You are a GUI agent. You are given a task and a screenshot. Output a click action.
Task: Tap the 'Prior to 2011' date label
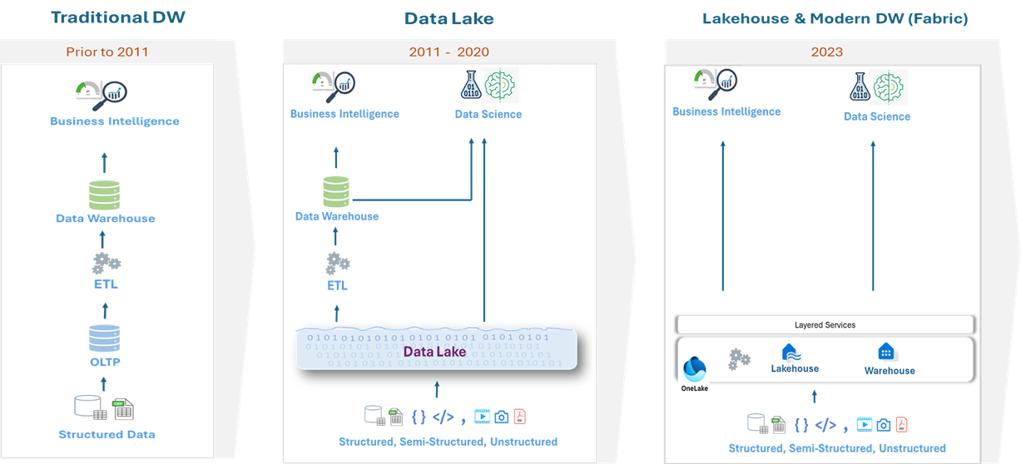click(107, 52)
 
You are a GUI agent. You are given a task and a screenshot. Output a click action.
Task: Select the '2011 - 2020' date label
click(449, 52)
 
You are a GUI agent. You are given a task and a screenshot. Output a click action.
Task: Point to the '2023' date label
click(827, 52)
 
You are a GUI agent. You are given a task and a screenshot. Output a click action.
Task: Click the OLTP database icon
click(105, 338)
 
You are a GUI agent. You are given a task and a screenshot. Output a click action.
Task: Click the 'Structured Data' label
click(107, 434)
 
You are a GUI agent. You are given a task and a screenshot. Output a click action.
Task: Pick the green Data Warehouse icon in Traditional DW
click(105, 195)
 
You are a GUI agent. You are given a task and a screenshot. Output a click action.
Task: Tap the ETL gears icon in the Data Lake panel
click(338, 264)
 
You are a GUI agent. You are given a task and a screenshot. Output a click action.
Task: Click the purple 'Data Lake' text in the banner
click(434, 352)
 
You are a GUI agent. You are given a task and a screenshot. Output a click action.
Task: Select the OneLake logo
click(695, 368)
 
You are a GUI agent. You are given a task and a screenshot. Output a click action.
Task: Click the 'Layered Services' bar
click(825, 324)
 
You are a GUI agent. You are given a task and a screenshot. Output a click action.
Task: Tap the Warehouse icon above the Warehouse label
click(886, 352)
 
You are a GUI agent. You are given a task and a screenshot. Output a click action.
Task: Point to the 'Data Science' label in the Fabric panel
click(877, 116)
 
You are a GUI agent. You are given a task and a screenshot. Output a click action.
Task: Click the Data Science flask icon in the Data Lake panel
click(471, 86)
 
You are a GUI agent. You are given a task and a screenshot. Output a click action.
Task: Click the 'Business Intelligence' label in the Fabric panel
click(726, 111)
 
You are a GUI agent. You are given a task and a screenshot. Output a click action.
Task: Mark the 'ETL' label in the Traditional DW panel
click(106, 284)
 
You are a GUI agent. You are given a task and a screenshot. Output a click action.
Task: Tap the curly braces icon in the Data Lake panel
click(419, 417)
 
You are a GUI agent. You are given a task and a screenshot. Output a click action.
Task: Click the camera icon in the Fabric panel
click(883, 425)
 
